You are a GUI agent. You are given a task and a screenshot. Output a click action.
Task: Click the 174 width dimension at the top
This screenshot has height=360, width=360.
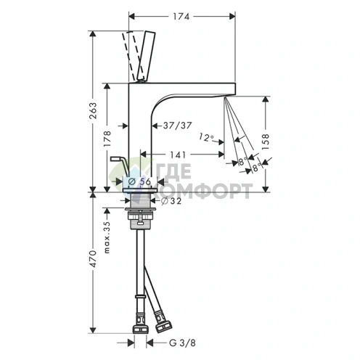[x=181, y=17]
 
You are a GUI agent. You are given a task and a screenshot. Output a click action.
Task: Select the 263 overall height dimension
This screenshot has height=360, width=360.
[x=93, y=110]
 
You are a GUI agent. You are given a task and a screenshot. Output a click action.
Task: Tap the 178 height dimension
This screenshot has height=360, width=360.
[x=107, y=139]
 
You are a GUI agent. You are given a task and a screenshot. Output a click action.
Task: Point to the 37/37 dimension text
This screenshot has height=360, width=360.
[x=177, y=126]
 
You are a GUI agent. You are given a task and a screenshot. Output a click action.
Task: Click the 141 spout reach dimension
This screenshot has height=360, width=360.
[x=178, y=155]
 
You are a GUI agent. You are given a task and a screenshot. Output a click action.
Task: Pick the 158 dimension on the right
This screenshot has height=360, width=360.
[x=266, y=142]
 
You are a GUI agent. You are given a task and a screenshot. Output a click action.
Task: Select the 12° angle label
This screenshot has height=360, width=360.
[x=206, y=137]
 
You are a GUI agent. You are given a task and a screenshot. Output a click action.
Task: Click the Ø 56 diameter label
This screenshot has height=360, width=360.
[x=139, y=181]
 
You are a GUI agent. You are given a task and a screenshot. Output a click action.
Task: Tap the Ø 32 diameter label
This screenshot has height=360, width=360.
[x=171, y=200]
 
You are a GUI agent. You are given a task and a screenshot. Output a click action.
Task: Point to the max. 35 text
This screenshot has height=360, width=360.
[x=107, y=237]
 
